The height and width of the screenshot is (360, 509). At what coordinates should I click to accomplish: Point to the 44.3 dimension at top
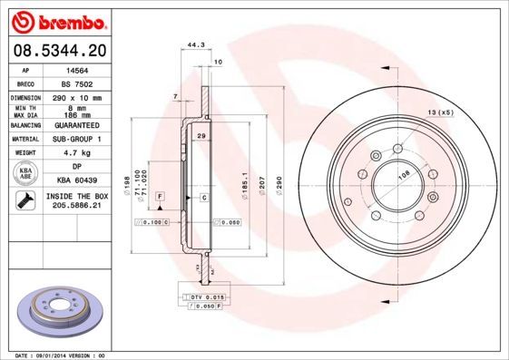192,43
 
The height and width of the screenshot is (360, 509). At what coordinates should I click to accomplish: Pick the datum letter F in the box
160,196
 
